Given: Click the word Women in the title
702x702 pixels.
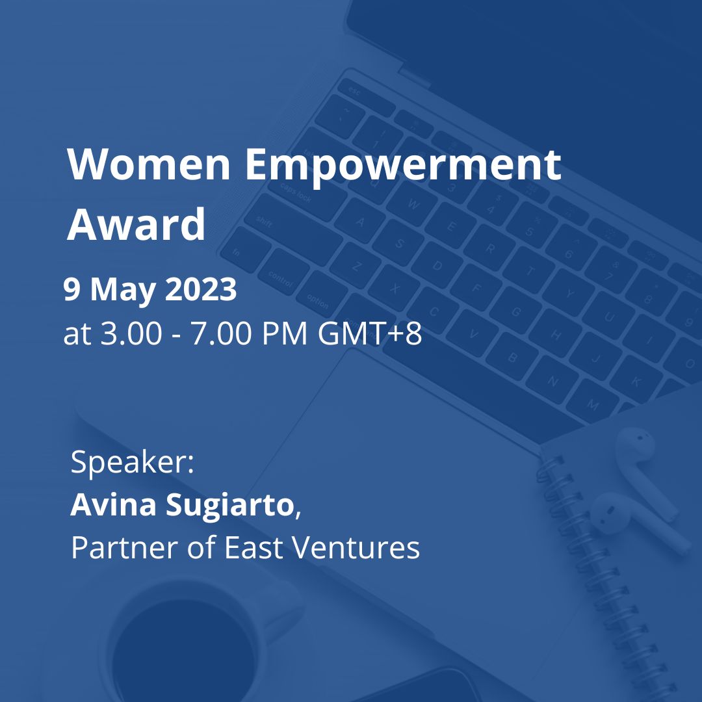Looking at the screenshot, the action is [x=149, y=164].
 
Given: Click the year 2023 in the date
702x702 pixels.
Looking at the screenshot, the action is [x=201, y=289].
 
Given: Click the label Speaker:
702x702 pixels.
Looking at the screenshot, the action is [x=133, y=463].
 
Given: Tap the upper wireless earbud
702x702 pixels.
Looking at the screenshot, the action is [x=645, y=470].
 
